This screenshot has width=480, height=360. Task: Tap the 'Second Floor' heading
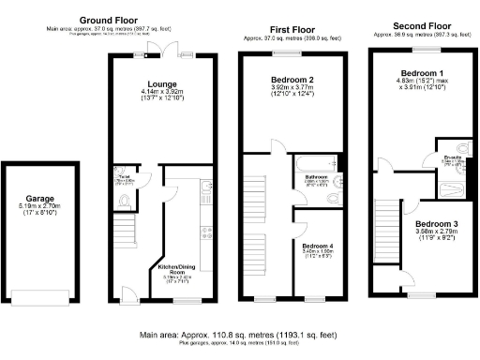pos(414,25)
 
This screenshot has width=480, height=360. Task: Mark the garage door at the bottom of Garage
pos(37,299)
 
